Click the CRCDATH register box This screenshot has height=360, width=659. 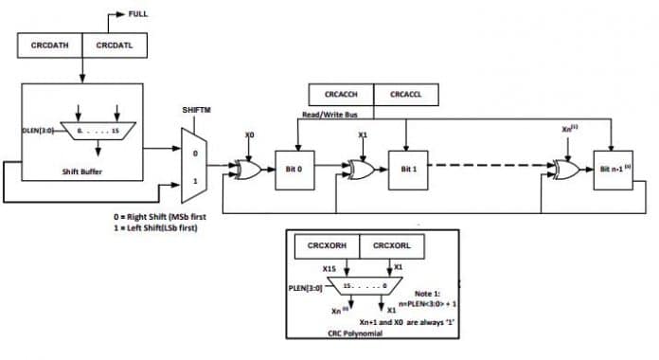[49, 44]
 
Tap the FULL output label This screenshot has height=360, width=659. [138, 13]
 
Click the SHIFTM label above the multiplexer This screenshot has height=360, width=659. [195, 111]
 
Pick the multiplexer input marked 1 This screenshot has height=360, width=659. [196, 180]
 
